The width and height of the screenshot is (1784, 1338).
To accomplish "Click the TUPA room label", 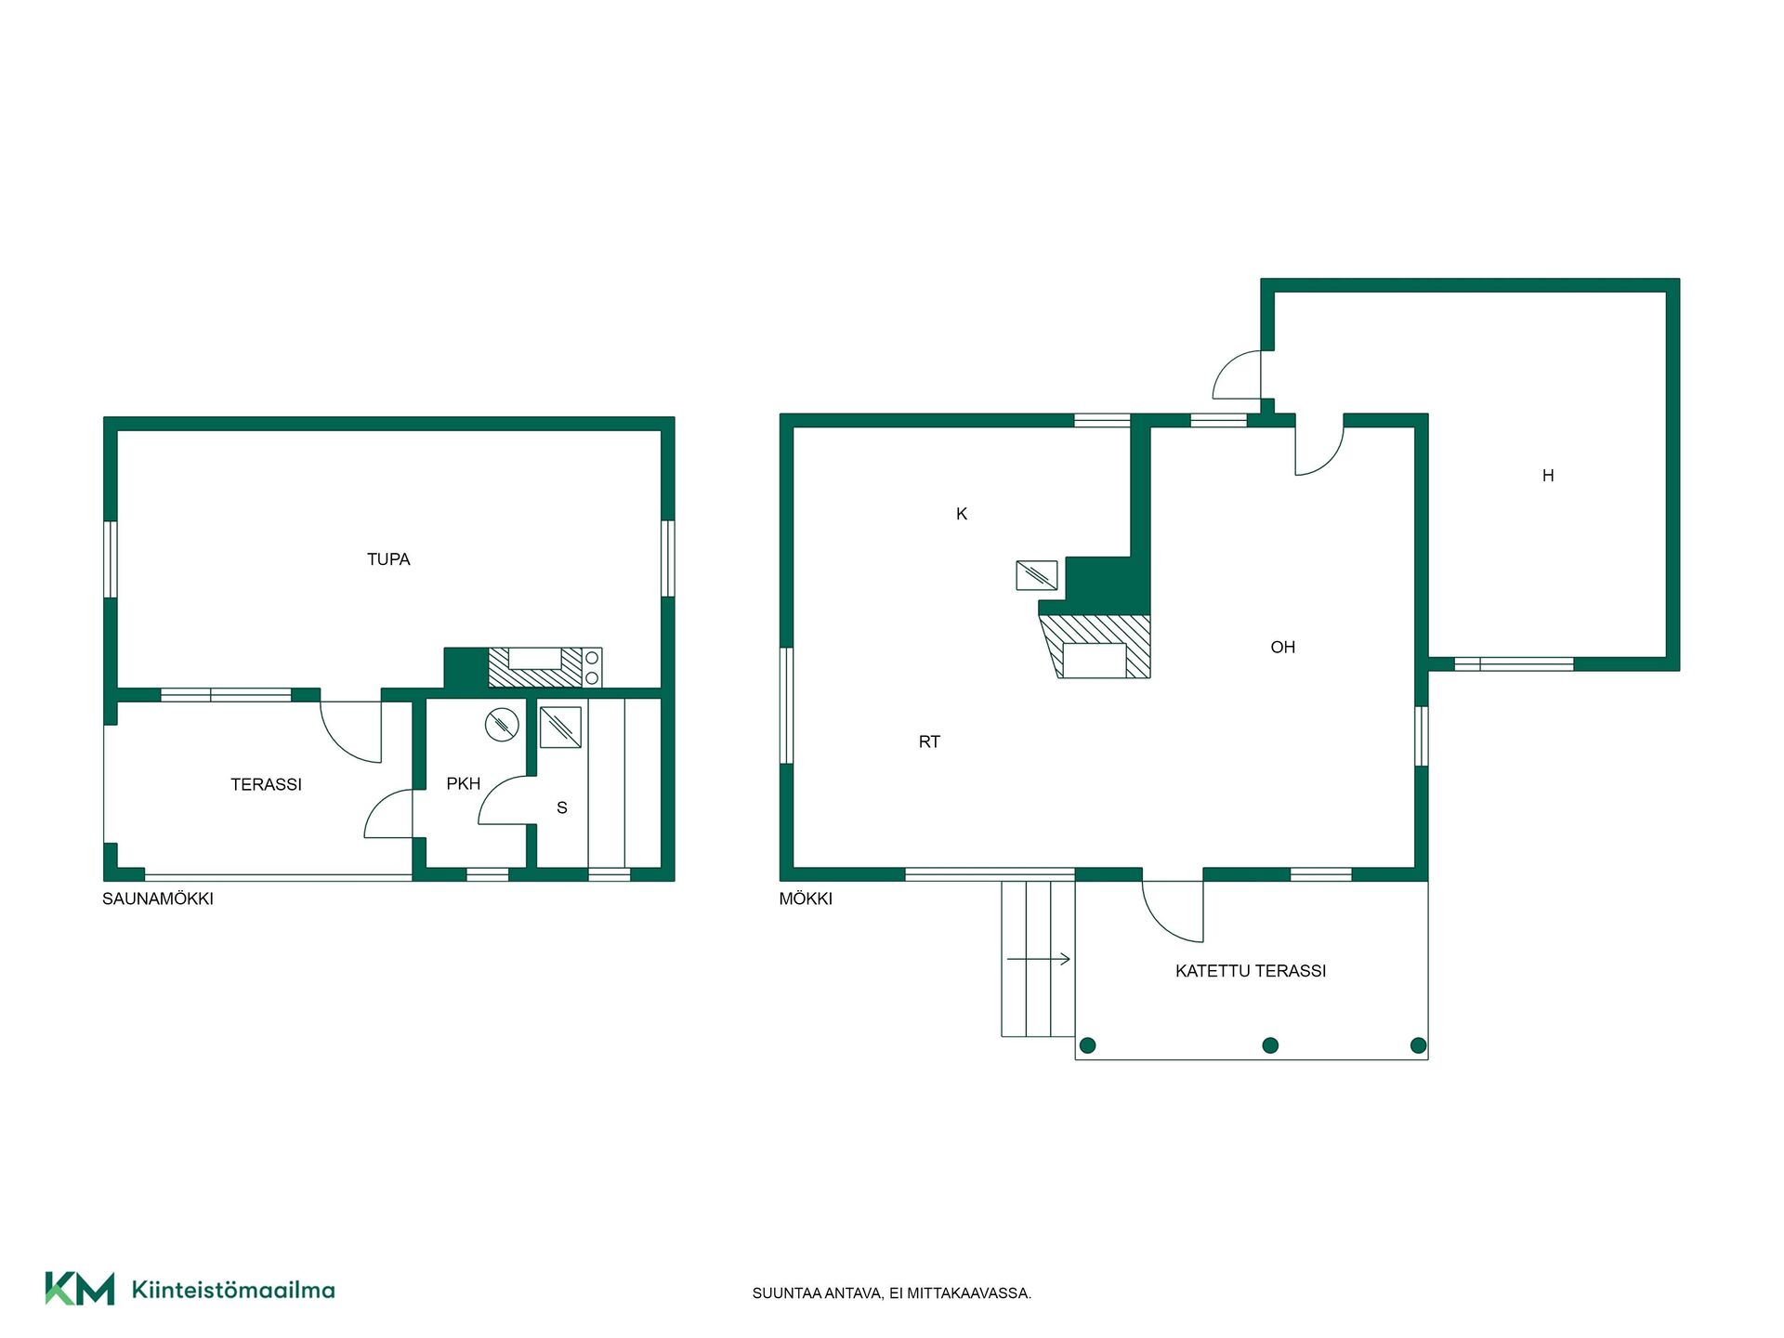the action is coord(388,559).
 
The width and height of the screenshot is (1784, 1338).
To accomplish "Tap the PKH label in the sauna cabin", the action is coord(463,784).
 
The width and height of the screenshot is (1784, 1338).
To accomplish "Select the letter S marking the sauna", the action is coord(562,808).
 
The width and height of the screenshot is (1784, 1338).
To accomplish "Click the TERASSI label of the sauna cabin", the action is coord(267,785).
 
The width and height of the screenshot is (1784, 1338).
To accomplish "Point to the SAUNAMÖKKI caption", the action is coord(158,899).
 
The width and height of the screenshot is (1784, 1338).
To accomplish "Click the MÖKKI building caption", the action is coord(806,899).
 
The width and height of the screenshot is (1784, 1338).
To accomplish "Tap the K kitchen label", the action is coord(962,514).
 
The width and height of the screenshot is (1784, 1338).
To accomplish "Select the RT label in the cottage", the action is coord(929,742).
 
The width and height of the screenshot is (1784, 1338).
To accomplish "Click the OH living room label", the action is coord(1283,648).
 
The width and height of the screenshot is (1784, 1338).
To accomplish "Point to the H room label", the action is coord(1548,476).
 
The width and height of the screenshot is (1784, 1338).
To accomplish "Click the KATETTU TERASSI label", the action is coord(1251,971).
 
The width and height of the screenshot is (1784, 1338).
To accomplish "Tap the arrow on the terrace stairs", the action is coord(1039,959).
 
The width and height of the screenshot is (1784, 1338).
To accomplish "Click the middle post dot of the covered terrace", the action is coord(1271,1045).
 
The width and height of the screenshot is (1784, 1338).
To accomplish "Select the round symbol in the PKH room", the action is coord(502,725).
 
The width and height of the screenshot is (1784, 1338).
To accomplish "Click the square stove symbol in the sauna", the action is coord(560,728).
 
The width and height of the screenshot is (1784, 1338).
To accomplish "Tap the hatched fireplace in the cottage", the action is coord(1095,647).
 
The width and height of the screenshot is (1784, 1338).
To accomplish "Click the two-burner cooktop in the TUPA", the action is coord(592,668).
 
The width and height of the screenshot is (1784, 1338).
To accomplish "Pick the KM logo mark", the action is coord(80,1289).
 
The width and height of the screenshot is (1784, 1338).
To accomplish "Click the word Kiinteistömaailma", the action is coord(233,1290).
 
